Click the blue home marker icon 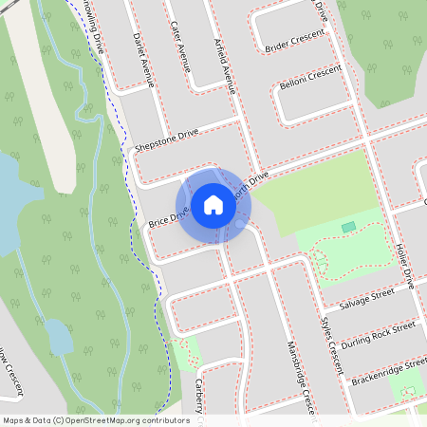click(213, 204)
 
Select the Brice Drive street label click(168, 216)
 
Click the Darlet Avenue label click(145, 55)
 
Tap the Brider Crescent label click(294, 41)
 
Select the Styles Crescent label click(332, 342)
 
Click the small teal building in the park click(348, 227)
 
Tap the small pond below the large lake click(58, 335)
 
